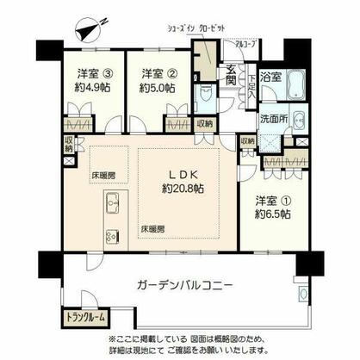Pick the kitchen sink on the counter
pyautogui.click(x=112, y=204)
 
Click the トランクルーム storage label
pyautogui.click(x=86, y=317)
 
